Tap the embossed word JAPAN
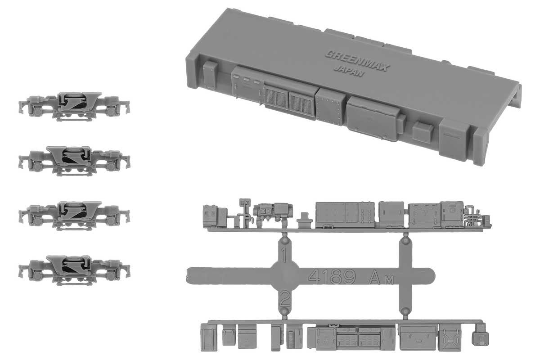[x=349, y=72]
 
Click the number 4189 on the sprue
[x=332, y=276]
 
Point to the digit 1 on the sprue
[x=284, y=254]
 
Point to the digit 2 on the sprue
[x=284, y=298]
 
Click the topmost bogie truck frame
[x=74, y=106]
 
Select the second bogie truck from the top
[x=74, y=161]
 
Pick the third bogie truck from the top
[x=74, y=216]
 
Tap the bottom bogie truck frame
[x=74, y=270]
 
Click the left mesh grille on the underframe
[x=276, y=98]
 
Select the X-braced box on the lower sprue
[x=450, y=337]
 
